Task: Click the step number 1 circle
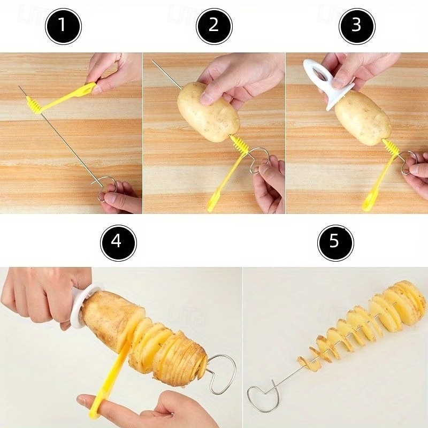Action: coord(63,26)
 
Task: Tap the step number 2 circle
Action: coord(214,26)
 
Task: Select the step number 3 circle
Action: coord(357,26)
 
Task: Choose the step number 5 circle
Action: coord(335,242)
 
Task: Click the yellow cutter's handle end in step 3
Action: coord(369,202)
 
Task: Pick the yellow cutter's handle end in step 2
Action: coord(213,202)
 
